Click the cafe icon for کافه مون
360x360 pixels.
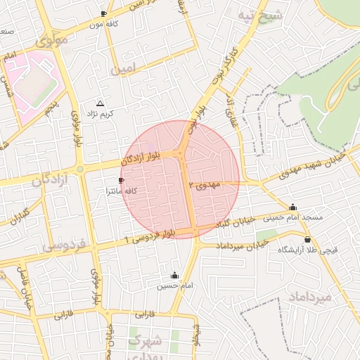pyautogui.click(x=104, y=13)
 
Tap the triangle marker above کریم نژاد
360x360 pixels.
pyautogui.click(x=99, y=103)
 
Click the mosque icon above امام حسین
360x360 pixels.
pyautogui.click(x=174, y=276)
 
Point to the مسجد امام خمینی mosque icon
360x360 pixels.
pyautogui.click(x=293, y=207)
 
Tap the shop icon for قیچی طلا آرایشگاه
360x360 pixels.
pyautogui.click(x=307, y=240)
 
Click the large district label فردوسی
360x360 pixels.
pyautogui.click(x=63, y=245)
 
